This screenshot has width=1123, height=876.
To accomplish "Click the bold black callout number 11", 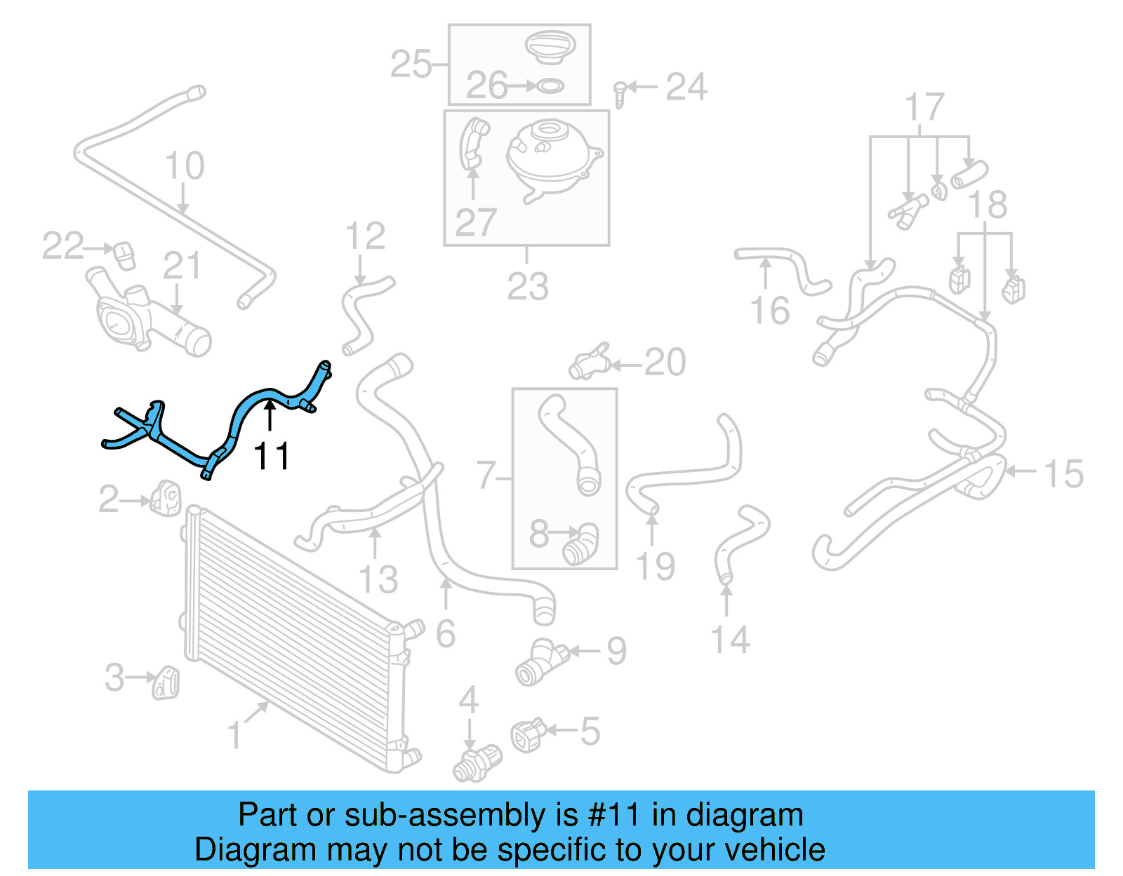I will pos(271,457).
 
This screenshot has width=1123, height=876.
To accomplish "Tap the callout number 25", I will pos(411,65).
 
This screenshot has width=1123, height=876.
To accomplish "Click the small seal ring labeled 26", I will pos(550,86).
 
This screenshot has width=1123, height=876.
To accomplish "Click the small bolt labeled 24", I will pos(619,93).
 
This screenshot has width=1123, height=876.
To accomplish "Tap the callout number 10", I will pos(184,166).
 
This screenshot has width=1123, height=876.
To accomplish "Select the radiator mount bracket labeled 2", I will pos(166,498).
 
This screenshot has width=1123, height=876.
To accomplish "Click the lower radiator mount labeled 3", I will pos(166,682).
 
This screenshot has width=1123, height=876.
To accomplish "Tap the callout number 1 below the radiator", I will pos(235,735).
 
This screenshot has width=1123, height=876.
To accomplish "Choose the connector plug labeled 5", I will pos(527,735).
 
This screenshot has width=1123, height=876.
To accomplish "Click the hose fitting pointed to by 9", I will pos(541,661).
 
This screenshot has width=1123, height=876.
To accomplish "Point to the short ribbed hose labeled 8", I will pos(580,545).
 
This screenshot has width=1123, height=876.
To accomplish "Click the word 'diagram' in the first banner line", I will pos(744,816).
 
